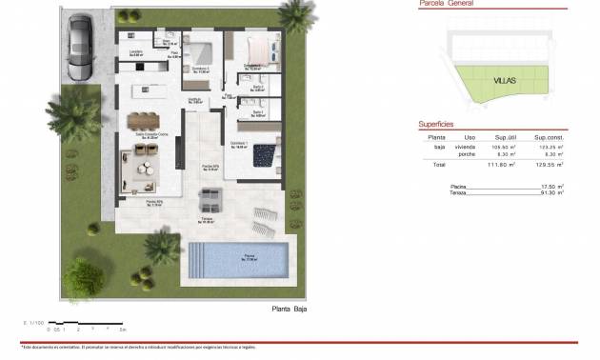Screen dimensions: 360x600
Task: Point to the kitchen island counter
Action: coord(151,91)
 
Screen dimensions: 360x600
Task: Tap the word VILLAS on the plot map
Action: coord(505,80)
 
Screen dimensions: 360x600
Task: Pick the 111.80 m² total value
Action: coord(502,165)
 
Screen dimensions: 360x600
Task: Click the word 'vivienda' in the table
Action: coord(465,148)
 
